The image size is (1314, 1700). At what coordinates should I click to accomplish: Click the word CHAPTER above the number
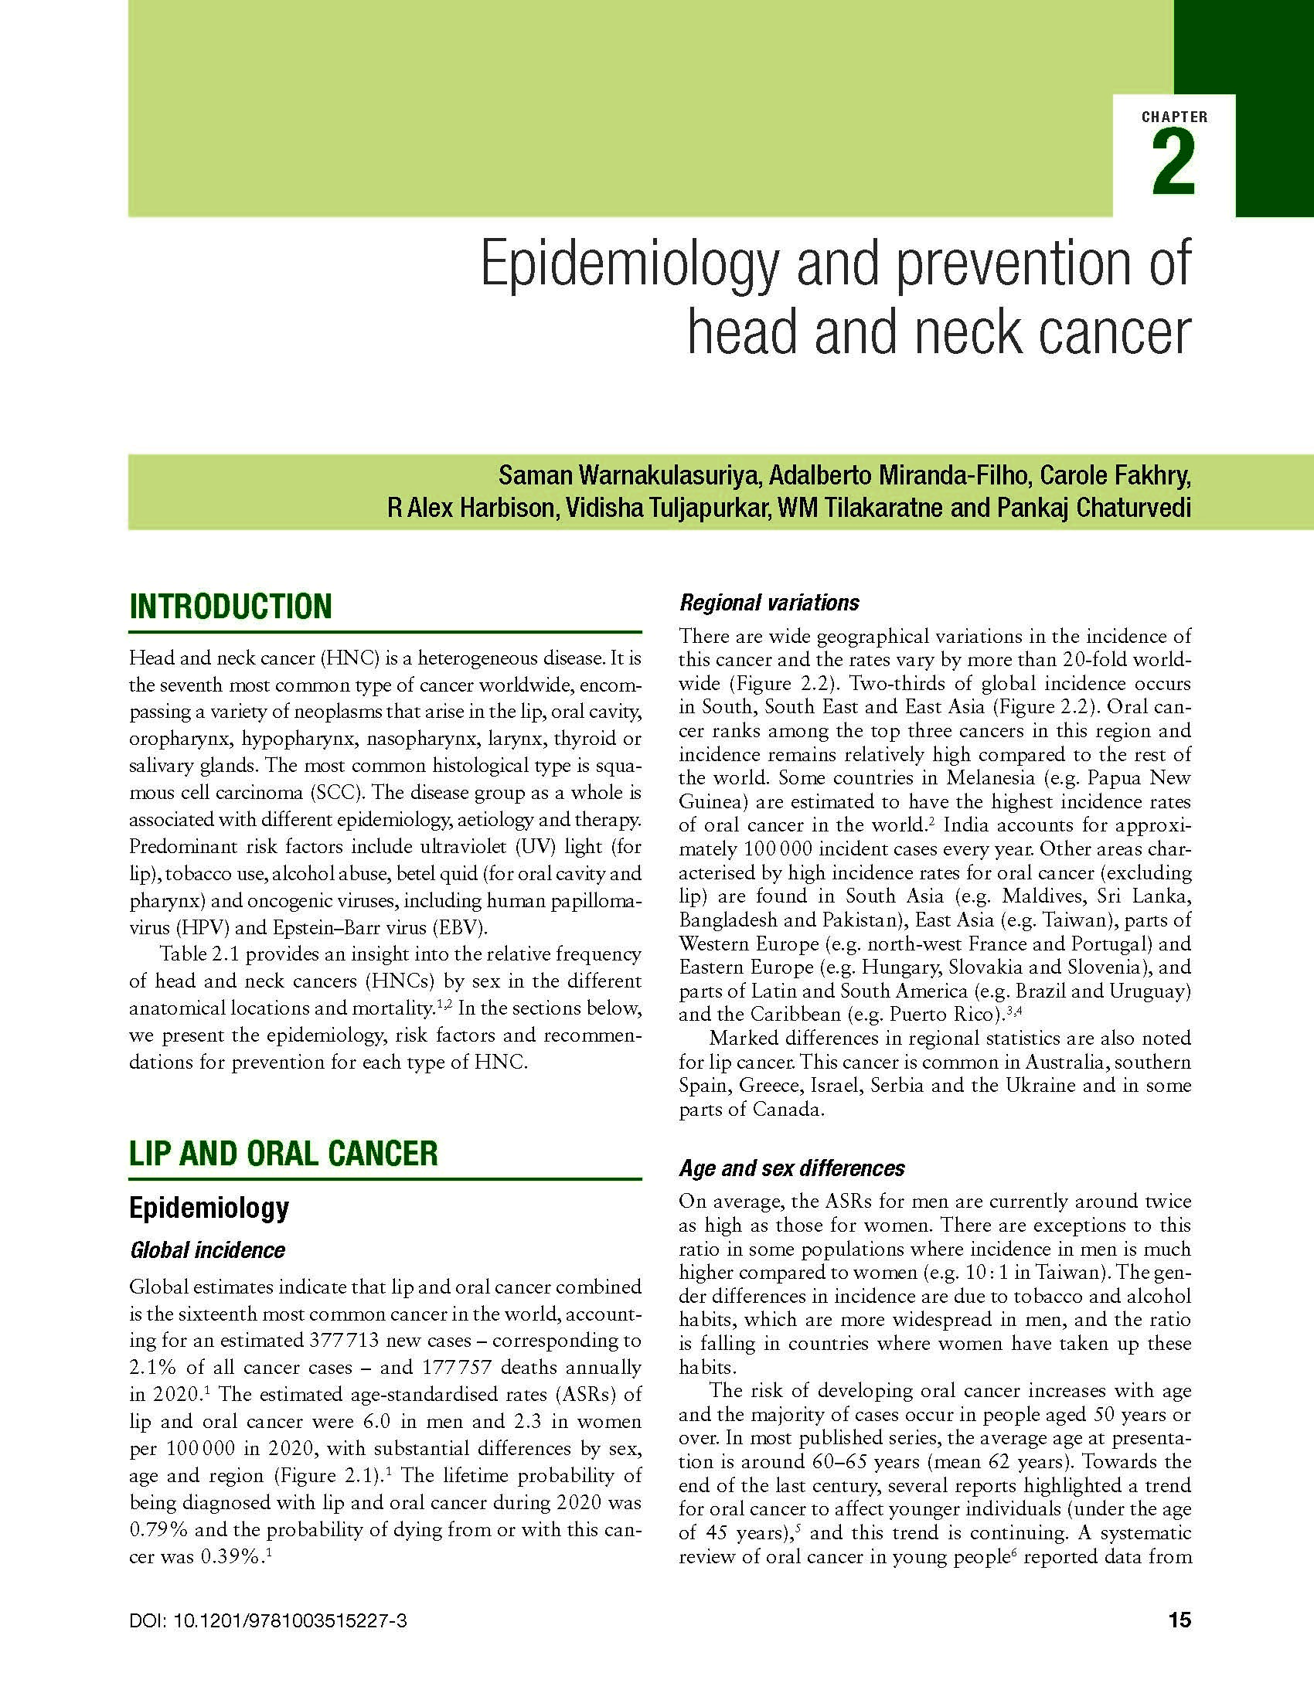[1175, 117]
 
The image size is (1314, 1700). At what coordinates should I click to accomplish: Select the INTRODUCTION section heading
[230, 607]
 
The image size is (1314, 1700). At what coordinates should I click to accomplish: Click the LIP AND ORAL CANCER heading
[284, 1153]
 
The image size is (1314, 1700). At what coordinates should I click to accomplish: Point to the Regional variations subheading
[769, 603]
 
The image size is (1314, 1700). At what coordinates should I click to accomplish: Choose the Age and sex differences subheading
[791, 1168]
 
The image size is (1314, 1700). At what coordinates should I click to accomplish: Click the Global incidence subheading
[207, 1250]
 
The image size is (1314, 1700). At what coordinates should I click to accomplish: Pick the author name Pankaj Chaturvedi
[1093, 508]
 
